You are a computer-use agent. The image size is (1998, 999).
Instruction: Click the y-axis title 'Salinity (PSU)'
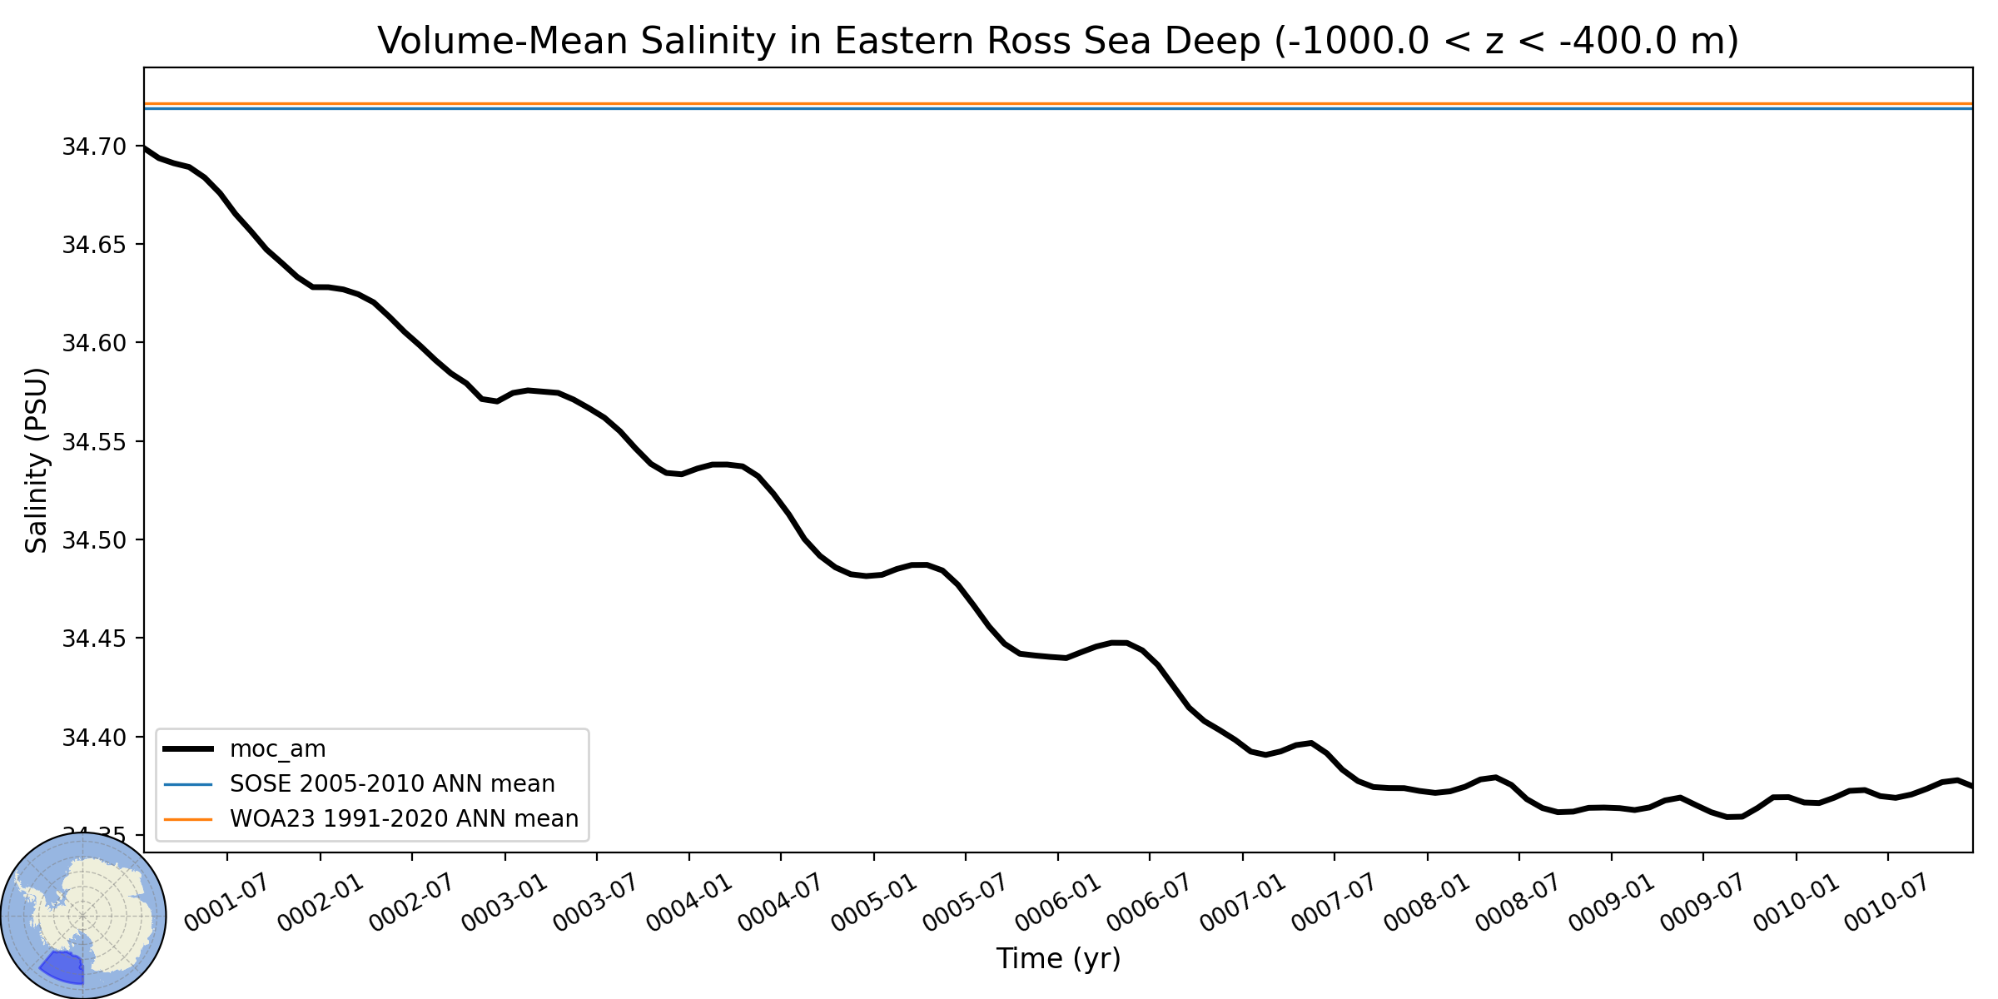coord(37,460)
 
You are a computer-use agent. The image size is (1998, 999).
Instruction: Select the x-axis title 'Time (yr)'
coord(1058,959)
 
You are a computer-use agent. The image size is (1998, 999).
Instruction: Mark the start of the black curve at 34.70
coord(145,147)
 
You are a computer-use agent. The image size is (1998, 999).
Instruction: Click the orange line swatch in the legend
coord(189,819)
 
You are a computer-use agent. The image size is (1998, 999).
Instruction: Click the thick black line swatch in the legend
coord(189,749)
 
